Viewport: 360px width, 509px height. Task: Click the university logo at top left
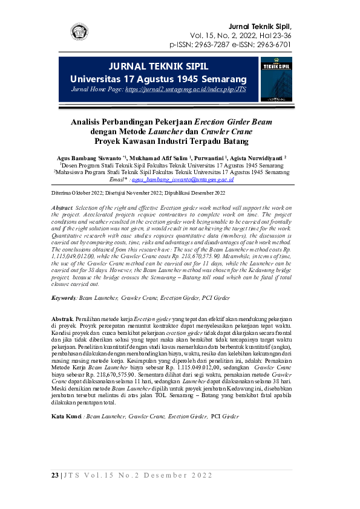(79, 31)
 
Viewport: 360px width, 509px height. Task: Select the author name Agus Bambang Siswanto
(85, 157)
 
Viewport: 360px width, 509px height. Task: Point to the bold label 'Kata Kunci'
(66, 417)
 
